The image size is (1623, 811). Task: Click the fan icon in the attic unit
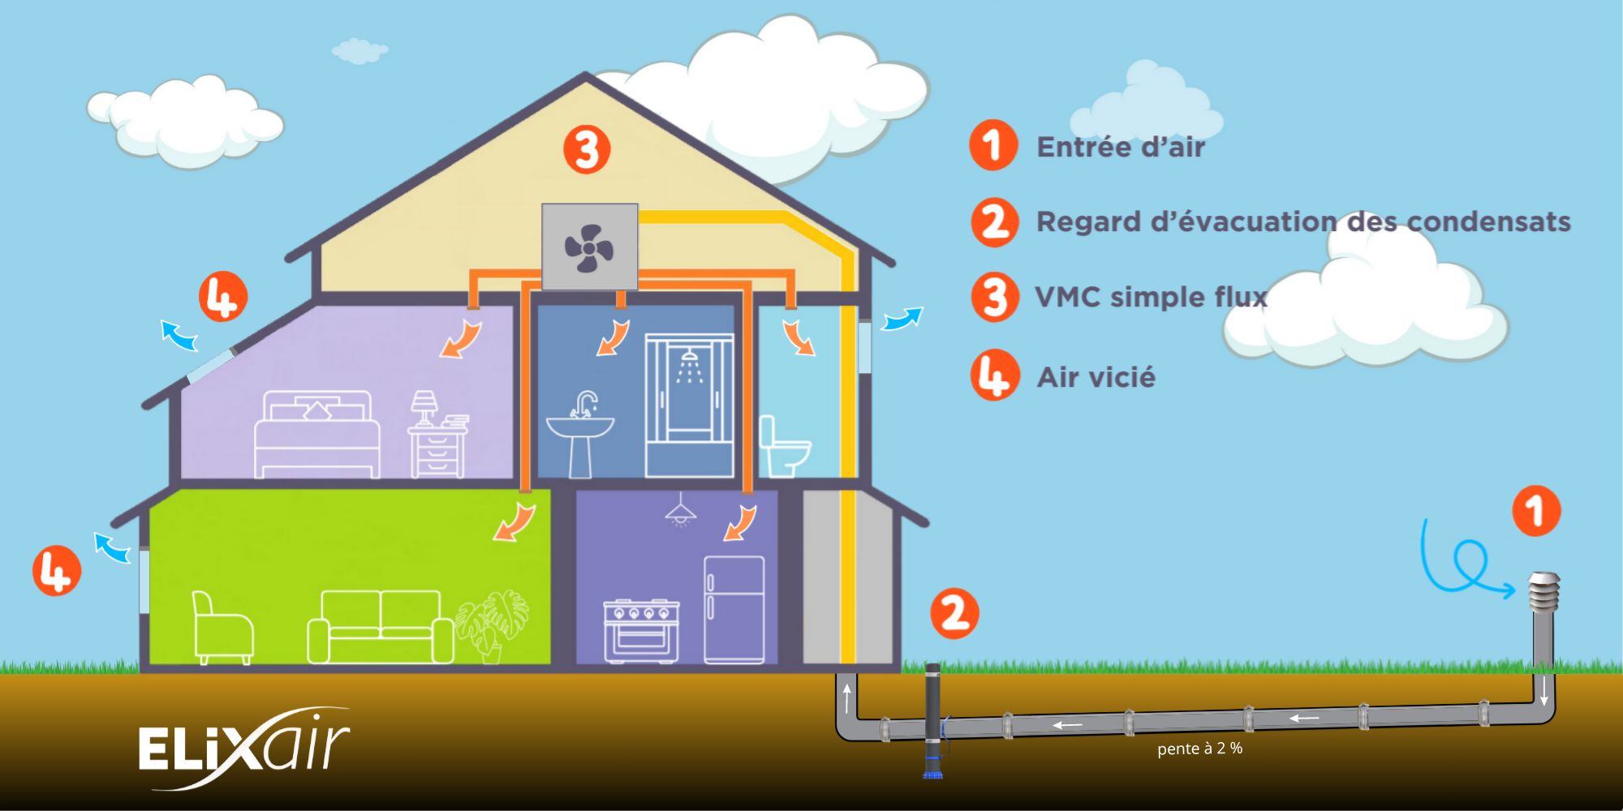589,247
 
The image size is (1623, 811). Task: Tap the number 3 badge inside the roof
587,150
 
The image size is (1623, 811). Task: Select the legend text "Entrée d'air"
1121,147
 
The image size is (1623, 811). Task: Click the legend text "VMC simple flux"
1151,297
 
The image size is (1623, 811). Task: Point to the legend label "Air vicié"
1096,377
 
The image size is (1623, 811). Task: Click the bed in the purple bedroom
317,435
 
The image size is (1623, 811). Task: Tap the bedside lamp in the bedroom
423,408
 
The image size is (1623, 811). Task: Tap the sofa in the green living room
380,627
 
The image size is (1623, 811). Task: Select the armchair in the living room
222,628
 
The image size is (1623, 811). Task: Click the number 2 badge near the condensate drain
954,613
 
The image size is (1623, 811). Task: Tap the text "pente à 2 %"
1199,749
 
